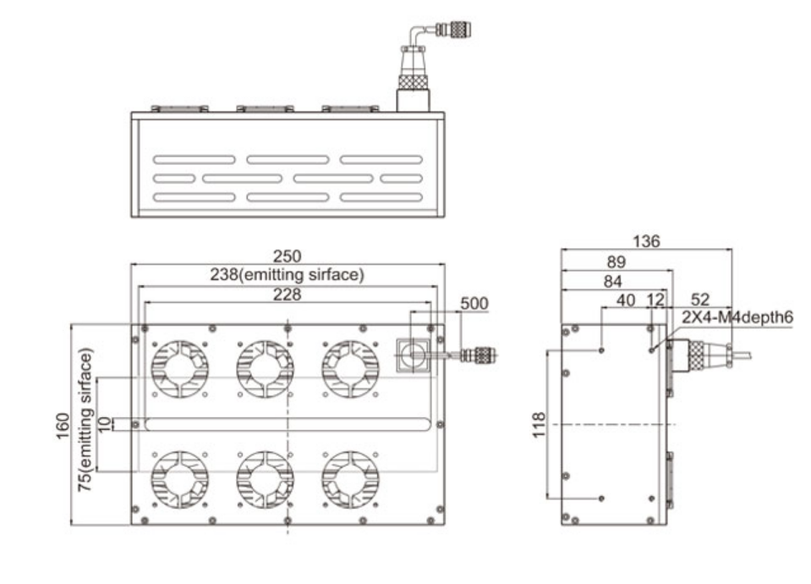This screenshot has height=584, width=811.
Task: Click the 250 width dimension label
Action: [289, 256]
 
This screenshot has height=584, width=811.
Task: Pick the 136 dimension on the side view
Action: [647, 241]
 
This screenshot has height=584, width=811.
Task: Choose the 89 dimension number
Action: [618, 263]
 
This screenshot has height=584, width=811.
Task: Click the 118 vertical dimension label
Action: [540, 423]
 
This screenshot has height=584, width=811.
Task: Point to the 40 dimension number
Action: [626, 300]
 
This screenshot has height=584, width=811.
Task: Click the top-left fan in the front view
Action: [178, 371]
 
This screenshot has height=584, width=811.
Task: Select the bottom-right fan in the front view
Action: [349, 478]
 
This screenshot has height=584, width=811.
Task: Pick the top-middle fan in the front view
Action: [264, 371]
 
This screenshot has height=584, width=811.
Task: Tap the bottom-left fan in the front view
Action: [178, 478]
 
